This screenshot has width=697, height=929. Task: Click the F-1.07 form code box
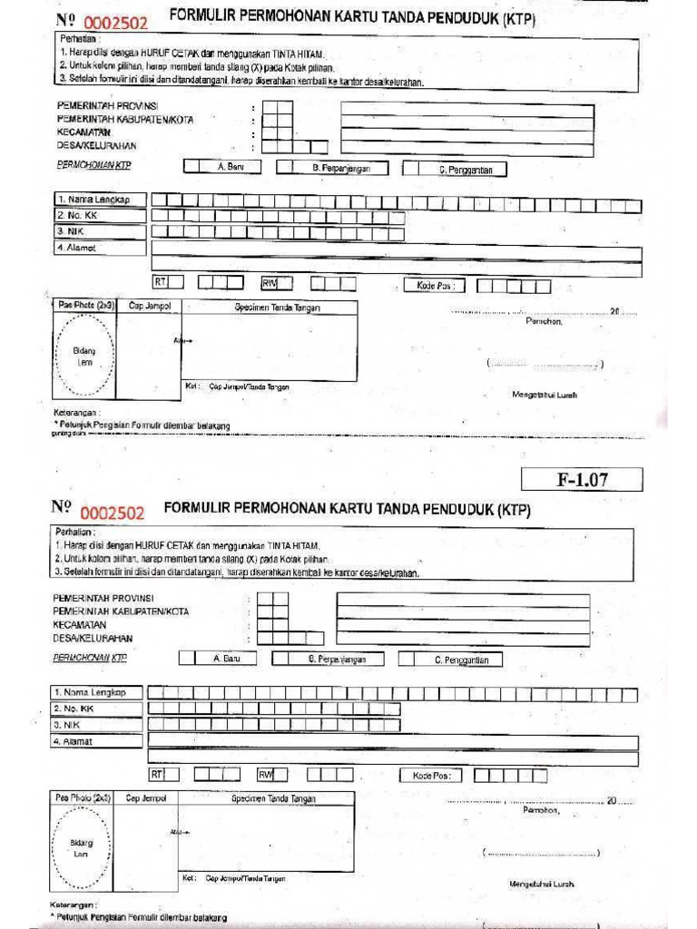pos(582,480)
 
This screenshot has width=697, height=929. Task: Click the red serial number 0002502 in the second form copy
pos(113,513)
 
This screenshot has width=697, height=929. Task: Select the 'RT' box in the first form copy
pos(162,283)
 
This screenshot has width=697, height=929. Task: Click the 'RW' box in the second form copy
pos(265,775)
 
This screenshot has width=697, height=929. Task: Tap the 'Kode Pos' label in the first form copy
pos(434,286)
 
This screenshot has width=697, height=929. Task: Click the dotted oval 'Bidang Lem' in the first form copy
pos(84,356)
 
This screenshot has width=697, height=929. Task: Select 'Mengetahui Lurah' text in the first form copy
pos(545,395)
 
